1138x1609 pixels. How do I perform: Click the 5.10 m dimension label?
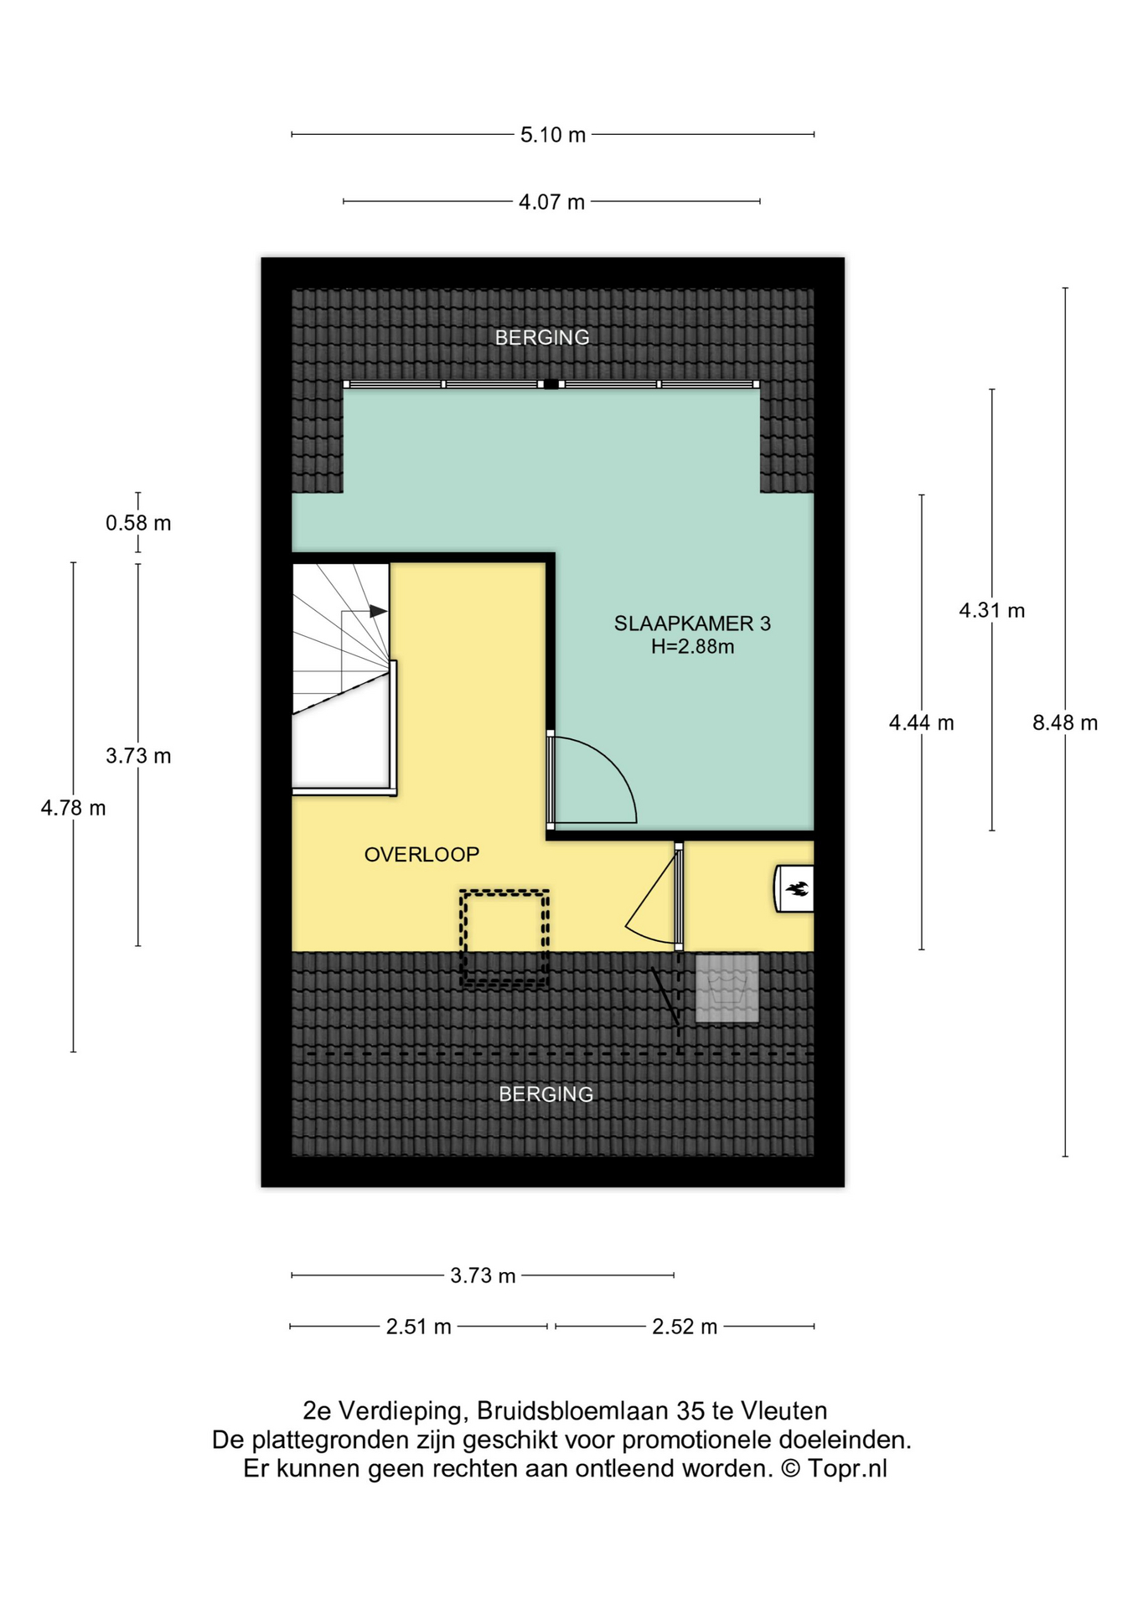tap(552, 135)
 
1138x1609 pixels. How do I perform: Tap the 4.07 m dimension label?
tap(551, 202)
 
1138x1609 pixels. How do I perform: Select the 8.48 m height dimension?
tap(1064, 722)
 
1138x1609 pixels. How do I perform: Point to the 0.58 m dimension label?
tap(138, 523)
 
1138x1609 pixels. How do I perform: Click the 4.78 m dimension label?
tap(74, 808)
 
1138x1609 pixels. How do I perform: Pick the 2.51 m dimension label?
tap(419, 1327)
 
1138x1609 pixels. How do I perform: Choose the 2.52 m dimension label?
tap(685, 1327)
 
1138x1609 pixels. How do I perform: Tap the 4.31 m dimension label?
tap(992, 610)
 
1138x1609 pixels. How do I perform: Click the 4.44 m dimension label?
tap(922, 722)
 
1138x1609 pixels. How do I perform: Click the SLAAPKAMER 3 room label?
tap(692, 623)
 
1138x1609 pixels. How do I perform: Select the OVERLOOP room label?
tap(422, 855)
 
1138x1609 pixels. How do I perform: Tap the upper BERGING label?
tap(542, 338)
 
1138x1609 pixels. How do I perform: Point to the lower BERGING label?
tap(546, 1094)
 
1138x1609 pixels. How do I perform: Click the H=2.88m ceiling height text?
tap(693, 647)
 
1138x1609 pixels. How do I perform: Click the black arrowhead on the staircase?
tap(379, 612)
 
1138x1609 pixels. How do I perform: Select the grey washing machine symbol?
tap(727, 989)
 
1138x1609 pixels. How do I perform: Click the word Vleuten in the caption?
tap(784, 1411)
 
